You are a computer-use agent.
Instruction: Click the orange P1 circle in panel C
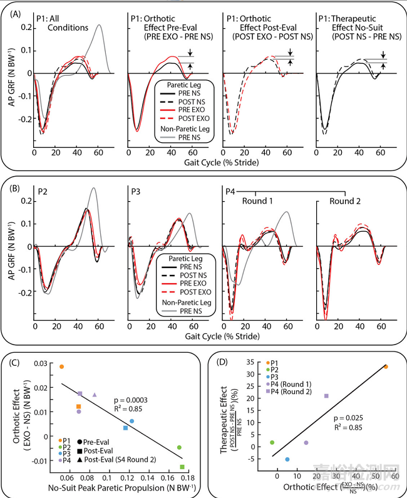[61, 366]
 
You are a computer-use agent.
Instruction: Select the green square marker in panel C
[182, 467]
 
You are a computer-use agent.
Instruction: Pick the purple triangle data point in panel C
[95, 395]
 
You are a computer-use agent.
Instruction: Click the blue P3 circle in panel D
[287, 459]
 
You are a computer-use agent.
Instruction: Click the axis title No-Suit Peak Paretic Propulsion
[118, 488]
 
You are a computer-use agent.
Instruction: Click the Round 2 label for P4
[339, 202]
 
